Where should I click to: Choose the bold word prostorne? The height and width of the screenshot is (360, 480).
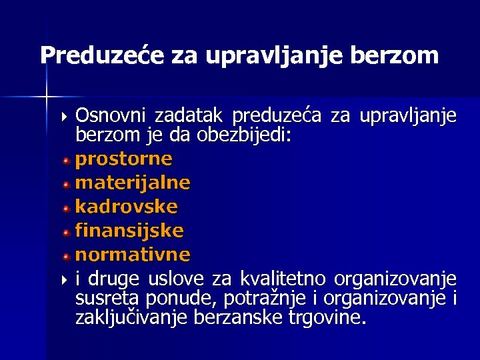(x=123, y=159)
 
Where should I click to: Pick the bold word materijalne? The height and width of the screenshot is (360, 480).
(x=133, y=182)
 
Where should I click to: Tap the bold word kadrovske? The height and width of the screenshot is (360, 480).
(x=126, y=206)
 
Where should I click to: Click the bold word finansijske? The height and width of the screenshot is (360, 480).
(x=129, y=231)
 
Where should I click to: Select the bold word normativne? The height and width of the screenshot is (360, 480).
(x=133, y=255)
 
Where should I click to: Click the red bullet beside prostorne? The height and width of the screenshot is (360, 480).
(x=67, y=161)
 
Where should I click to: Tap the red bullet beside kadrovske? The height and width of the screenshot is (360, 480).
(x=67, y=208)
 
